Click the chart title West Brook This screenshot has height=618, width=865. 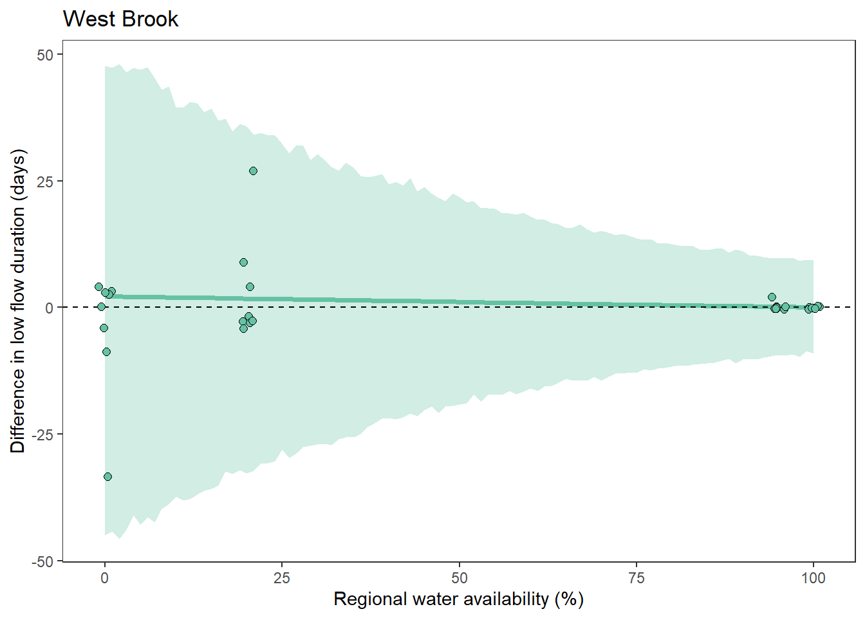(x=120, y=19)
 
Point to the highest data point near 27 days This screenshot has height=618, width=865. (x=253, y=171)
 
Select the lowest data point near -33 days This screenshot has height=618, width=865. (x=107, y=477)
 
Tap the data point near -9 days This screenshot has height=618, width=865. (x=106, y=352)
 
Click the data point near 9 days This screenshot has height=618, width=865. (x=243, y=263)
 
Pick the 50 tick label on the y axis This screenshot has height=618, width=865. (x=45, y=55)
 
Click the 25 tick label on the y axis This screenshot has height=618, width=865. (x=45, y=181)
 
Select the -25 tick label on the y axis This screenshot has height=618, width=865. (x=42, y=435)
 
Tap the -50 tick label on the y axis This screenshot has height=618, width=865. (x=42, y=561)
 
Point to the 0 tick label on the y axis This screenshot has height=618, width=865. (x=49, y=308)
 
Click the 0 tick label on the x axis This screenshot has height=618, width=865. (x=105, y=578)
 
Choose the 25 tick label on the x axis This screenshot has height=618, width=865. (x=282, y=578)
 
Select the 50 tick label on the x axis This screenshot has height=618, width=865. (x=460, y=578)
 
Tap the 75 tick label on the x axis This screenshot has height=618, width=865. (x=637, y=578)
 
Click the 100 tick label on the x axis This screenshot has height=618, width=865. (x=814, y=578)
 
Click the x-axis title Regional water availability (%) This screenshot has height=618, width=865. (x=458, y=599)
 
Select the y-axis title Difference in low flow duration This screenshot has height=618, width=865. (x=18, y=301)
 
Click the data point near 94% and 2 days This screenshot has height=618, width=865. (x=772, y=297)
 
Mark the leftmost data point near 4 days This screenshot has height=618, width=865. (x=98, y=287)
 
